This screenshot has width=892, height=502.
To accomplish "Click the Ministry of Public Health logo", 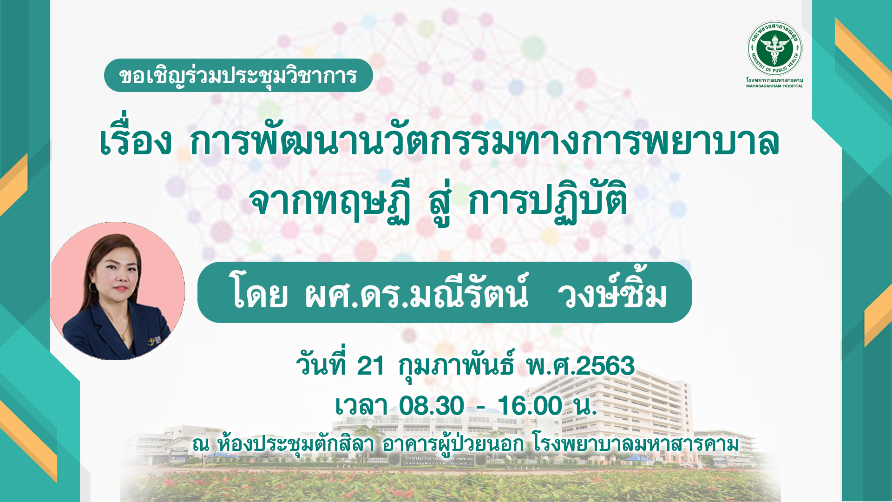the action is [x=774, y=48].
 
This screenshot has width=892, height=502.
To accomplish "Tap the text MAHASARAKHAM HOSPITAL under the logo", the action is [x=774, y=86].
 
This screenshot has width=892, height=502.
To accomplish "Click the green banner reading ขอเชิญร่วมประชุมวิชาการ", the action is [x=238, y=75].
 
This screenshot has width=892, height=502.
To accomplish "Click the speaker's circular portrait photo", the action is [x=117, y=291].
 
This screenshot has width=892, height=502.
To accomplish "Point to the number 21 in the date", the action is [x=370, y=366].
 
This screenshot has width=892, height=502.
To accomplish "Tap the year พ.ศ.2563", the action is [x=580, y=366].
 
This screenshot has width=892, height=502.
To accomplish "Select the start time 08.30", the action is [x=432, y=406].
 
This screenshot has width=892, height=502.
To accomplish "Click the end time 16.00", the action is [x=530, y=406].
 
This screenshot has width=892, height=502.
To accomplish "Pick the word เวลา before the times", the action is [x=361, y=406].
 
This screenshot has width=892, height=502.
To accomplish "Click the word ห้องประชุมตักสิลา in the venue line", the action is [x=295, y=443].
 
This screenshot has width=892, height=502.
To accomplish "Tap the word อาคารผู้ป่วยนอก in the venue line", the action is [x=453, y=443].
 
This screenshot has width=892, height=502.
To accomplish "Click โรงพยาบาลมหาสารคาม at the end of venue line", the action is [x=636, y=444].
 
